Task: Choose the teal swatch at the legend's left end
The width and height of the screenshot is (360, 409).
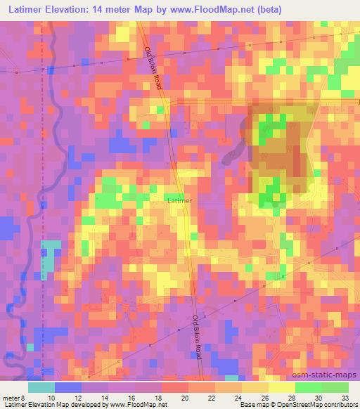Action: pyautogui.click(x=41, y=387)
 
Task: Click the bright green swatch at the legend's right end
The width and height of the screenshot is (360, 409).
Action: pyautogui.click(x=335, y=387)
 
